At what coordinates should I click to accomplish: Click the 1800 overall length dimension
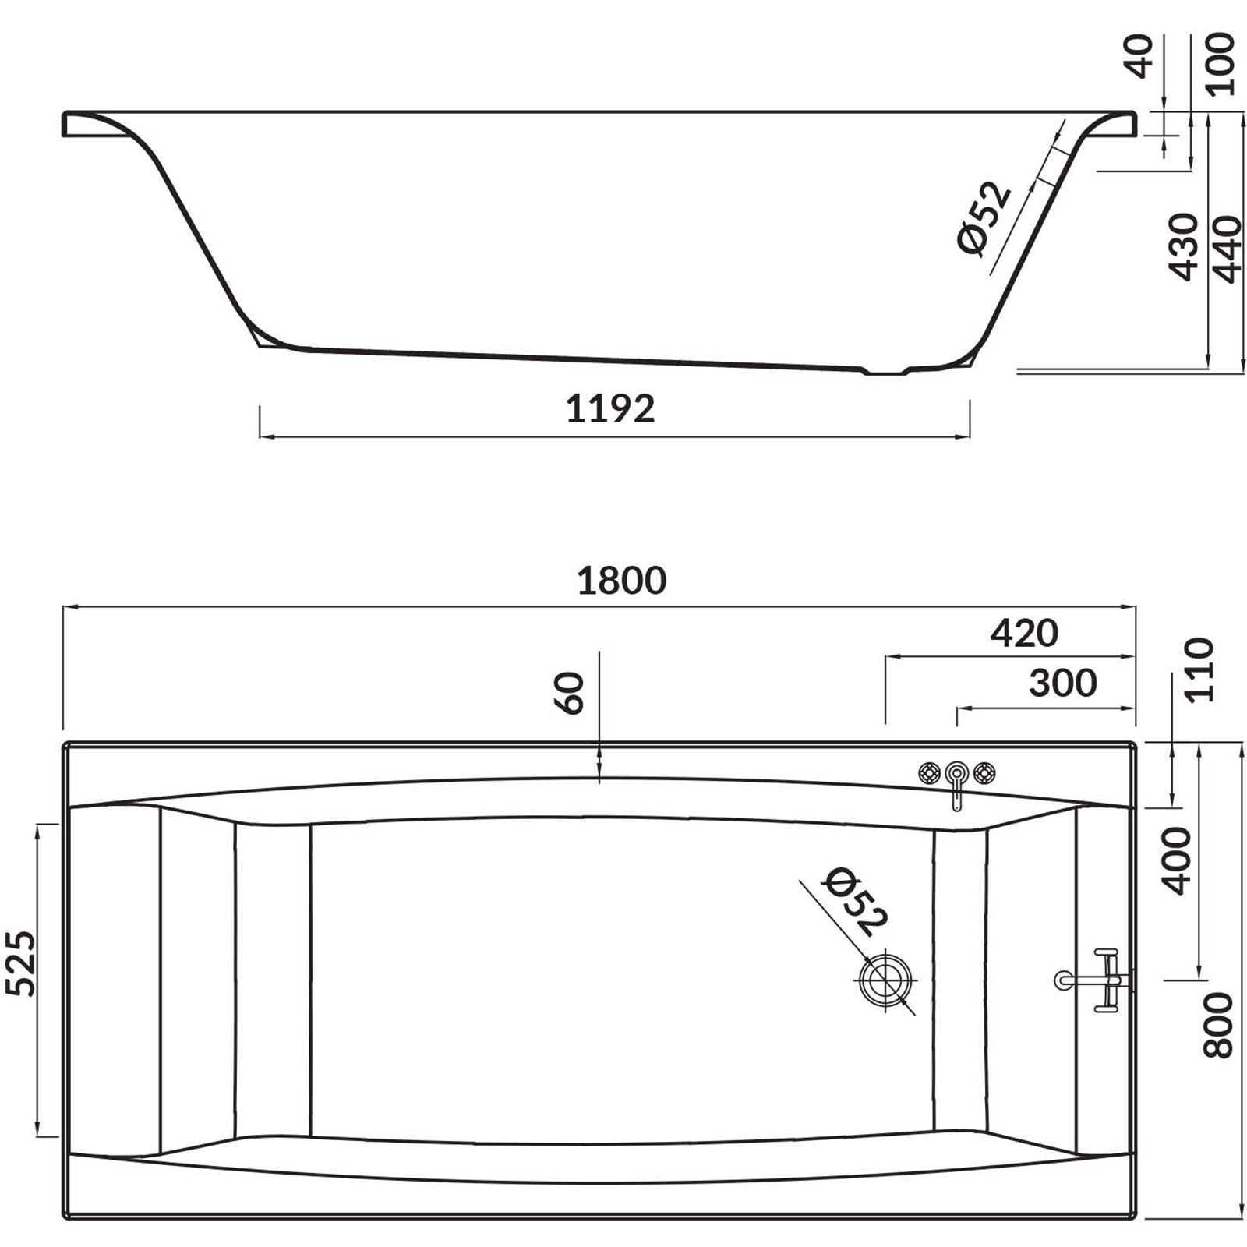pyautogui.click(x=621, y=581)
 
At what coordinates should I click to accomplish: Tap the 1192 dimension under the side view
pyautogui.click(x=610, y=408)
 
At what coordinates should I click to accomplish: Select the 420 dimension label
pyautogui.click(x=1024, y=633)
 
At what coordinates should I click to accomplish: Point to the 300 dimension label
pyautogui.click(x=1063, y=683)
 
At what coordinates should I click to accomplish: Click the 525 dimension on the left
pyautogui.click(x=21, y=963)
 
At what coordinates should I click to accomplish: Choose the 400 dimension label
pyautogui.click(x=1178, y=860)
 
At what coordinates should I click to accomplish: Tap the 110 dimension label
pyautogui.click(x=1199, y=670)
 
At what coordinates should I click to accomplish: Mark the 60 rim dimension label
pyautogui.click(x=571, y=693)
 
